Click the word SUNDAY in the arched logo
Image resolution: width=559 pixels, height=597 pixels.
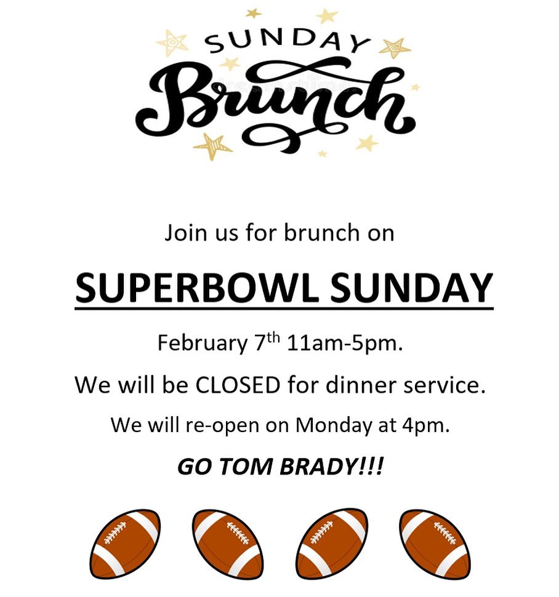(x=287, y=41)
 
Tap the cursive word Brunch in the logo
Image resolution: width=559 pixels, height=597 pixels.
(x=275, y=105)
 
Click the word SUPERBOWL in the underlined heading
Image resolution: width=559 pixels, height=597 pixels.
(x=196, y=287)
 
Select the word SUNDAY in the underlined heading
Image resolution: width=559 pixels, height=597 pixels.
(x=411, y=287)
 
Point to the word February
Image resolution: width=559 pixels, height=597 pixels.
(x=202, y=343)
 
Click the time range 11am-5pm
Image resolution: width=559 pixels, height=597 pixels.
(x=344, y=343)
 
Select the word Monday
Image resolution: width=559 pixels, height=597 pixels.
(x=333, y=425)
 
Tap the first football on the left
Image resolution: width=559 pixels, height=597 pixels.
(x=125, y=545)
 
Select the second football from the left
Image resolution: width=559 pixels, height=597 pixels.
(x=228, y=545)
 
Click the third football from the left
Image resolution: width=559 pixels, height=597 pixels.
(x=332, y=545)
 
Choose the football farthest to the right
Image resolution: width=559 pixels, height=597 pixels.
(x=435, y=545)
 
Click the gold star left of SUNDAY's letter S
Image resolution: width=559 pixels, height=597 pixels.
(x=172, y=42)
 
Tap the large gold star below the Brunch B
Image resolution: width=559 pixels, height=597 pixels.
(x=212, y=146)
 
